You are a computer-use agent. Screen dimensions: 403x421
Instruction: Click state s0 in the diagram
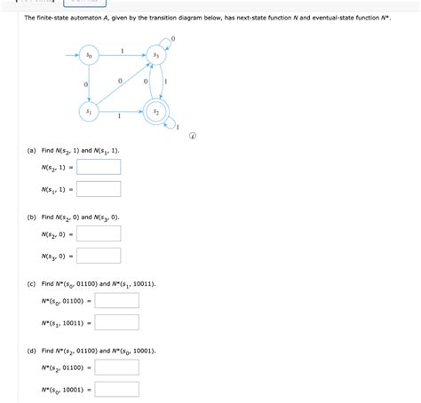point(89,55)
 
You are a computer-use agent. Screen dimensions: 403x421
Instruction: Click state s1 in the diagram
point(89,112)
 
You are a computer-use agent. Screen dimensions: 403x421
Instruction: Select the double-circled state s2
point(156,112)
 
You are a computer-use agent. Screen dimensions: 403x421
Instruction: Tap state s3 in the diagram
point(156,55)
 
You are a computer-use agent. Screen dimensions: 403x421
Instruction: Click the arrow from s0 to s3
point(123,55)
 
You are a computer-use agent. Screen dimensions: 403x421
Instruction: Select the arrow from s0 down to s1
point(89,83)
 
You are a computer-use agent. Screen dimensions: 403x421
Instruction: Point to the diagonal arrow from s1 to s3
point(123,83)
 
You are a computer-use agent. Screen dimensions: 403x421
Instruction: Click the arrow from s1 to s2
point(123,112)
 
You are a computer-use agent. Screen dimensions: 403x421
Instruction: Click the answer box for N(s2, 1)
point(99,167)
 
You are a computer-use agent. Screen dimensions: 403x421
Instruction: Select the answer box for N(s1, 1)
point(99,189)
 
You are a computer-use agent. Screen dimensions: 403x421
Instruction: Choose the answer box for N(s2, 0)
point(99,233)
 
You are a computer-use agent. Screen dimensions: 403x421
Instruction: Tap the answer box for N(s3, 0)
point(99,256)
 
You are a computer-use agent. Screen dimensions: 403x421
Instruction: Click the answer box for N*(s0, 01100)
point(116,300)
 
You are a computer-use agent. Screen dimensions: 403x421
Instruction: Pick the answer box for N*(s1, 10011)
point(116,322)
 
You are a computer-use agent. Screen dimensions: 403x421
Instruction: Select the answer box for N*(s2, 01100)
point(116,367)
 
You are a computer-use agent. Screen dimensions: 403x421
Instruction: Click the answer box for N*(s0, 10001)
point(116,389)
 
